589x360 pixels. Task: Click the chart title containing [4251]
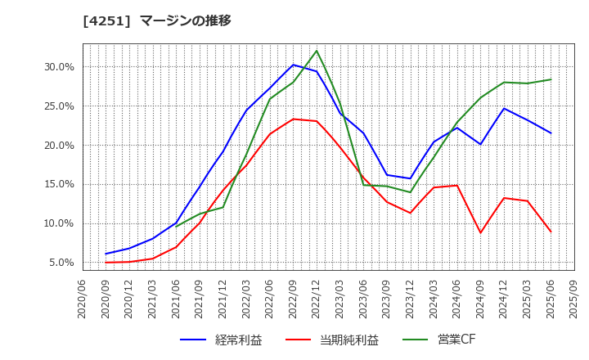157,20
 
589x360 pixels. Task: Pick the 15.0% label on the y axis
58,184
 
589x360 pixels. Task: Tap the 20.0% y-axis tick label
58,145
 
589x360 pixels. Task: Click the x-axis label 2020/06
82,301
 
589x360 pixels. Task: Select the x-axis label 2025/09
574,301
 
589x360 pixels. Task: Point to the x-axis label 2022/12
317,301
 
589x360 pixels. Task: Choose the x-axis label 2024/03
434,301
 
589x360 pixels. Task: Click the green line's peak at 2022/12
317,51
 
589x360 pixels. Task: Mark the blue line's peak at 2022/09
293,65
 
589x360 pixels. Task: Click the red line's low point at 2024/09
480,233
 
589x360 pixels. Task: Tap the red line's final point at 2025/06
551,232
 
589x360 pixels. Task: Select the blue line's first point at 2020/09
106,254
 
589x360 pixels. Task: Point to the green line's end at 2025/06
551,79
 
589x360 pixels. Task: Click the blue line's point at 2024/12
504,108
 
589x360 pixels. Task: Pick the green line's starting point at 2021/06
176,226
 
